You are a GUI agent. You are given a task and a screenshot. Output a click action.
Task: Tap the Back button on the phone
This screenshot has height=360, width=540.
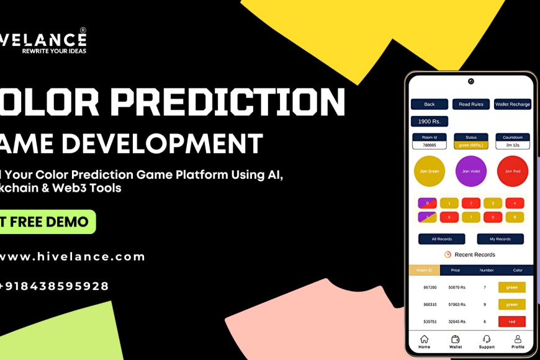(x=429, y=104)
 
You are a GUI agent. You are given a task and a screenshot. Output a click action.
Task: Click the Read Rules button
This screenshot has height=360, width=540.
(x=471, y=104)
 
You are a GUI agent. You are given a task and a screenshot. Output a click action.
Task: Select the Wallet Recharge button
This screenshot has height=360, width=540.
(x=513, y=104)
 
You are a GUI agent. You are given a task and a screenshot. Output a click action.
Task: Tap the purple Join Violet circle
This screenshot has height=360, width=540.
(x=471, y=171)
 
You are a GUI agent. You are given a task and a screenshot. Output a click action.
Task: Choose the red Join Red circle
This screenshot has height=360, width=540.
(x=513, y=171)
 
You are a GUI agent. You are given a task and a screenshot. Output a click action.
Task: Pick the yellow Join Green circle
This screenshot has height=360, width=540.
(x=430, y=171)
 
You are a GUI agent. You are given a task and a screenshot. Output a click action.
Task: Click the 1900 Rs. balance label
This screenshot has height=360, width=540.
(x=429, y=122)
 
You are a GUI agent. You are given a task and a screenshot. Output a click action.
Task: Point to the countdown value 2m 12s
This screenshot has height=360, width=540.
(x=513, y=145)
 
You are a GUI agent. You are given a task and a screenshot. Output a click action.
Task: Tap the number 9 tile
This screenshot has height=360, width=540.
(x=515, y=217)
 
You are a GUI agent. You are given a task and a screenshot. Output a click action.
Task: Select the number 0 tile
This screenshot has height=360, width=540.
(x=427, y=203)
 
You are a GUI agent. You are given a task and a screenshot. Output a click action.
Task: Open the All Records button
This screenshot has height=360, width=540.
(x=441, y=239)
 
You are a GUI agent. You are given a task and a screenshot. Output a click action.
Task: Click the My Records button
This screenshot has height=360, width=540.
(x=500, y=239)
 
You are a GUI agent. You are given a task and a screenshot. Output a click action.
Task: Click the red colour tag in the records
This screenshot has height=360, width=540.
(x=512, y=322)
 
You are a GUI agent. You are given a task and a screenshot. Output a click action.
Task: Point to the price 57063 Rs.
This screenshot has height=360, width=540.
(x=457, y=305)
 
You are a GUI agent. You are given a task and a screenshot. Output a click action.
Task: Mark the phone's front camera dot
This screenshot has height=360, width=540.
(x=471, y=81)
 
